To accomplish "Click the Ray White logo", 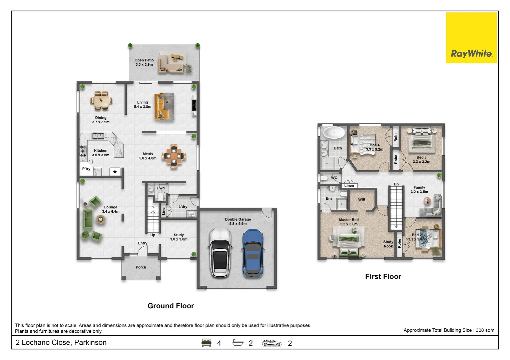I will pyautogui.click(x=471, y=38).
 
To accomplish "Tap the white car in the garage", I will pyautogui.click(x=219, y=253).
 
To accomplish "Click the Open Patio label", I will pyautogui.click(x=144, y=62).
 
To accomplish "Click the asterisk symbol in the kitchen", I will pyautogui.click(x=115, y=172).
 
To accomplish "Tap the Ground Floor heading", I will pyautogui.click(x=170, y=306).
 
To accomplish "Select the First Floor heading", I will pyautogui.click(x=383, y=276).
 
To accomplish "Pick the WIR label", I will pyautogui.click(x=362, y=200).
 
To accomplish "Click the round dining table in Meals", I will pyautogui.click(x=174, y=156).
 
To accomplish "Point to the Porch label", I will pyautogui.click(x=141, y=267).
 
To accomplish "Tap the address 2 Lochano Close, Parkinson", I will pyautogui.click(x=61, y=343).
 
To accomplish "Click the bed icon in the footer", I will pyautogui.click(x=206, y=343).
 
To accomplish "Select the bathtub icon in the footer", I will pyautogui.click(x=238, y=343).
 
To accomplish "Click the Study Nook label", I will pyautogui.click(x=388, y=244).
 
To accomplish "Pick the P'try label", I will pyautogui.click(x=86, y=169).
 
